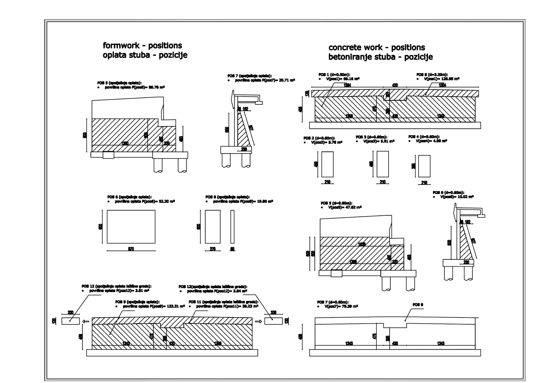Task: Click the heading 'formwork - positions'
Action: (142, 45)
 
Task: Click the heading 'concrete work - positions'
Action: (377, 47)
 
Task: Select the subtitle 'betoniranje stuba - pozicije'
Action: (380, 57)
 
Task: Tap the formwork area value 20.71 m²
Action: (287, 80)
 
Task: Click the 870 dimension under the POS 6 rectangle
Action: (131, 249)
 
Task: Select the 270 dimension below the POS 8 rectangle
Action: (213, 249)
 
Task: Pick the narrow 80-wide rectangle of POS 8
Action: (232, 227)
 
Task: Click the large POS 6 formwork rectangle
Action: (131, 227)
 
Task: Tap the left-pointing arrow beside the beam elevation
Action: (86, 321)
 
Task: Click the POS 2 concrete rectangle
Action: (327, 164)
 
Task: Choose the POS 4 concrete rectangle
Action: (424, 166)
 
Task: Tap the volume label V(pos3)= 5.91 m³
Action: (379, 141)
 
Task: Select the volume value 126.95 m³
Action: (450, 79)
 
